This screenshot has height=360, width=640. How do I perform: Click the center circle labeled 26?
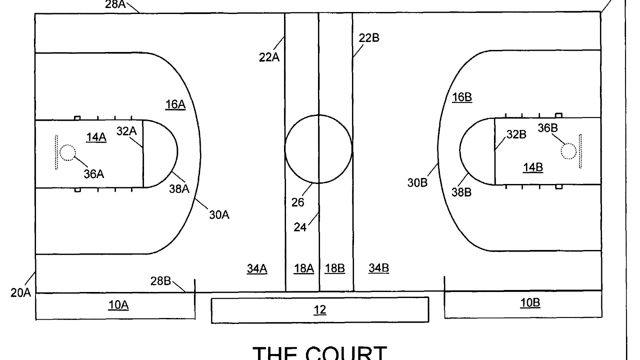(x=318, y=149)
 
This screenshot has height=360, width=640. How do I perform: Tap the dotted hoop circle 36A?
(x=68, y=152)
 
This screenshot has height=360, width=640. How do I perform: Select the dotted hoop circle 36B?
(x=568, y=151)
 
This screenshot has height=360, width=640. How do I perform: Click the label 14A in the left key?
(x=96, y=137)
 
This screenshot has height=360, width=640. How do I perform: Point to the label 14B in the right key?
(x=533, y=167)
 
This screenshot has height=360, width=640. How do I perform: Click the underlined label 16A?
(x=175, y=104)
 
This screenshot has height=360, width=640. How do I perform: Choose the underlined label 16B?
(x=462, y=97)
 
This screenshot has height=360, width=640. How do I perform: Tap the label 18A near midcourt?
(x=304, y=268)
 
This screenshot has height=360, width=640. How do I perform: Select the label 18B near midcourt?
(x=334, y=268)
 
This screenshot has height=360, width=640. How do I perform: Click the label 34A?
(x=257, y=268)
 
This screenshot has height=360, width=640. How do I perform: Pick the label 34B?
(x=378, y=268)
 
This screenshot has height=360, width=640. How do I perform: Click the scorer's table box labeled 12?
(x=320, y=310)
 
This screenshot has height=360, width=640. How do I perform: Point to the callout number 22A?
(x=269, y=58)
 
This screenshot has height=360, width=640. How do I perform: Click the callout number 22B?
(x=369, y=38)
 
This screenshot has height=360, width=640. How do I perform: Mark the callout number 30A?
(x=219, y=215)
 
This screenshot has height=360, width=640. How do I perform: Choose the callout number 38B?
(x=461, y=192)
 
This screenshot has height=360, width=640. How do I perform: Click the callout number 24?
(x=300, y=227)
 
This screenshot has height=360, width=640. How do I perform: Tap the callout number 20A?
(x=20, y=293)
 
